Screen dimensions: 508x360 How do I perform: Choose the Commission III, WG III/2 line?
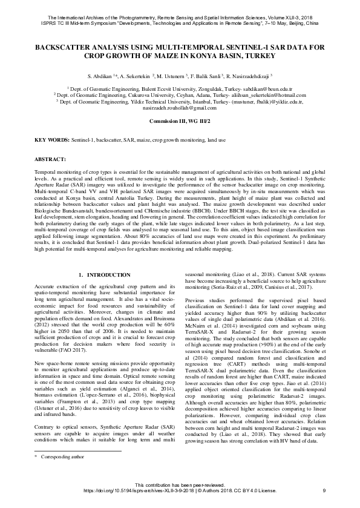(180, 121)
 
